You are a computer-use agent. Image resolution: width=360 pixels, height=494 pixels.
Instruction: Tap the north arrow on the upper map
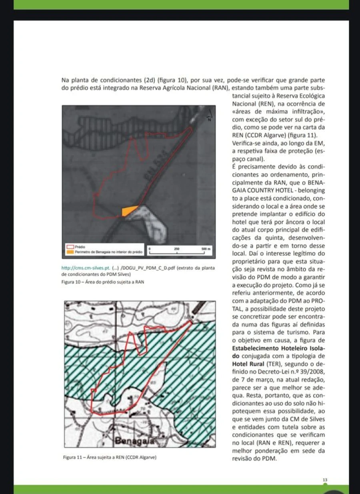(209, 116)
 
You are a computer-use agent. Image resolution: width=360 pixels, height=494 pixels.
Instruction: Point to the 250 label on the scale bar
(177, 249)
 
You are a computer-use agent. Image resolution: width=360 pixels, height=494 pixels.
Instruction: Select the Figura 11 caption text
(110, 457)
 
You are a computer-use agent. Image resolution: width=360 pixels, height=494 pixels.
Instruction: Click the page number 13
(325, 480)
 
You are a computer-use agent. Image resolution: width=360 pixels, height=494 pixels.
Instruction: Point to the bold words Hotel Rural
(246, 364)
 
